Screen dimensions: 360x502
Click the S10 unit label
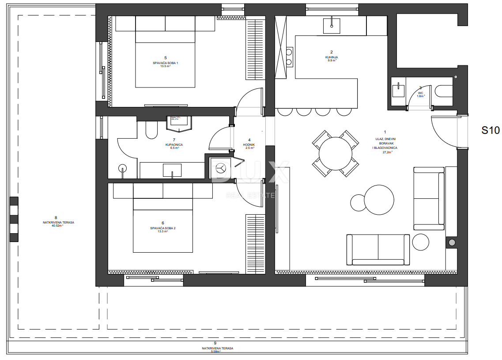490,130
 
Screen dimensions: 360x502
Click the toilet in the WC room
443,91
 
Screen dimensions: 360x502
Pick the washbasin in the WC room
399,90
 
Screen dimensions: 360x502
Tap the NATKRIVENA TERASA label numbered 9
215,348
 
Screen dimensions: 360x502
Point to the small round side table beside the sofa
420,243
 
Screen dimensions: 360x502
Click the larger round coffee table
379,199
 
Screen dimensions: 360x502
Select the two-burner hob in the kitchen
289,57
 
